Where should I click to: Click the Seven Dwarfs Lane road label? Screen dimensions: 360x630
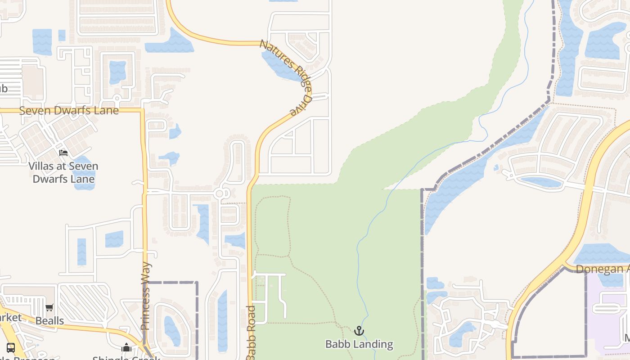point(69,111)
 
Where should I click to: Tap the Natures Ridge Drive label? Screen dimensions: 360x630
point(287,77)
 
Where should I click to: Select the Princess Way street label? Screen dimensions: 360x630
point(145,296)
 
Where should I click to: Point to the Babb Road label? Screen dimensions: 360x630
point(251,332)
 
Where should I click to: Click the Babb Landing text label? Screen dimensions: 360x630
point(359,345)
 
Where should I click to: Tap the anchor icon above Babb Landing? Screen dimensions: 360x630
point(359,331)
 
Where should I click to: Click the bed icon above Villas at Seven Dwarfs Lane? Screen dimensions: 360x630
point(63,153)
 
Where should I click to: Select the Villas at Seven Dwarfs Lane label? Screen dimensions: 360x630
point(63,172)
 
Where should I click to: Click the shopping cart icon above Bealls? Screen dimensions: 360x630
point(49,308)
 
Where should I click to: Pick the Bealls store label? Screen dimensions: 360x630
point(49,321)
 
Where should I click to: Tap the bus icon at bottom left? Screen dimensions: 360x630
point(11,347)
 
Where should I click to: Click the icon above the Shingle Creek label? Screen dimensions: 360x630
point(126,347)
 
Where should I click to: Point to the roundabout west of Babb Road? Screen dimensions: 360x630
point(220,194)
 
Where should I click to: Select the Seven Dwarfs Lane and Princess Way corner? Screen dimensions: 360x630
point(143,110)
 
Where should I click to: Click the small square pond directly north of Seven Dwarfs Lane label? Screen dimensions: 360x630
point(118,72)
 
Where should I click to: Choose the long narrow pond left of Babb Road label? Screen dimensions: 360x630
point(222,319)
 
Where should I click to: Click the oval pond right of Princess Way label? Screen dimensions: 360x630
point(172,331)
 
